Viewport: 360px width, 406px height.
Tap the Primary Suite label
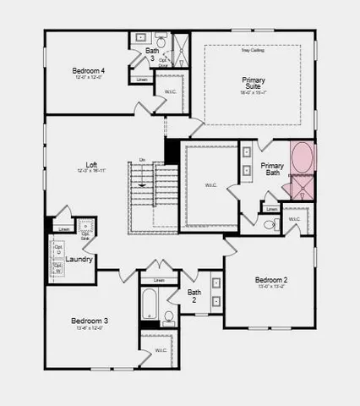(x=254, y=83)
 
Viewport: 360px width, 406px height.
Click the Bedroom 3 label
(x=90, y=321)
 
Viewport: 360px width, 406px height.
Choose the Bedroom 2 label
(x=270, y=280)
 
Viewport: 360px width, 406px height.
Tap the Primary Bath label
(x=272, y=170)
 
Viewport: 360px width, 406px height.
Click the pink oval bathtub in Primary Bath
(x=302, y=157)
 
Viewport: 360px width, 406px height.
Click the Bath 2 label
(x=194, y=297)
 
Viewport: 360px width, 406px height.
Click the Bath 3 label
(x=152, y=55)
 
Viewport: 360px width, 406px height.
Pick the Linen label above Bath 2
(x=159, y=280)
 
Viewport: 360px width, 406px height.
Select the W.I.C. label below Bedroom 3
(x=161, y=350)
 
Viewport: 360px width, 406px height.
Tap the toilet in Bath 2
(x=168, y=318)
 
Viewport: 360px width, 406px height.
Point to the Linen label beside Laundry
(x=63, y=229)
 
